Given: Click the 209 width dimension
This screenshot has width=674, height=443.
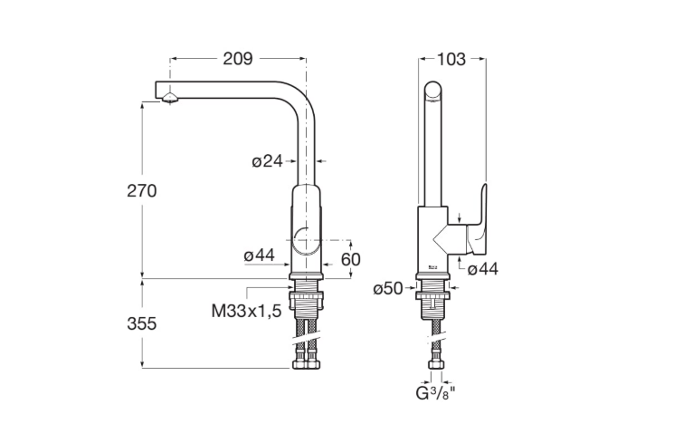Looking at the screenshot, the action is pos(238,59).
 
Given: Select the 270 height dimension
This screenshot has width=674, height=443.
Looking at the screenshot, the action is pos(142,190).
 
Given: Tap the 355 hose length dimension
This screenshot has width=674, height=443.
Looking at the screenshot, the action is pos(142,323).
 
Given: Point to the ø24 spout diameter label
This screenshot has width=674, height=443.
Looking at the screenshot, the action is pos(268,161).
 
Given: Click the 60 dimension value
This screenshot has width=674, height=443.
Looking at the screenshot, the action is pos(351,259).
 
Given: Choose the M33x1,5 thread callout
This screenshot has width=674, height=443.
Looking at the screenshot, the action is pos(246,310).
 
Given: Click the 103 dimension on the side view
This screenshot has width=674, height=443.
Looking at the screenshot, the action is pos(451,60).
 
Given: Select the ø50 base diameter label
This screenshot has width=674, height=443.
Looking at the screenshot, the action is pos(388,288).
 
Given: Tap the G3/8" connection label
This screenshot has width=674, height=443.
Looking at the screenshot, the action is pos(435,393).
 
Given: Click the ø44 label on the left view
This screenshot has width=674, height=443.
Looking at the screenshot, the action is pos(260,255).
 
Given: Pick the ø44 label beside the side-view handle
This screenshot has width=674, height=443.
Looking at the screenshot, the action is pos(483,269).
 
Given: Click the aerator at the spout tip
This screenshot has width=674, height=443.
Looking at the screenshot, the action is pos(170,98).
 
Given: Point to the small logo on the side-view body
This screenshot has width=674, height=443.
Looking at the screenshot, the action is pos(432,268).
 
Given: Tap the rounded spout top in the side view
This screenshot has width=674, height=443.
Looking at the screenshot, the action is pos(432,92).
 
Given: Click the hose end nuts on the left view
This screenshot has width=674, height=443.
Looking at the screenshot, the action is pos(306,364).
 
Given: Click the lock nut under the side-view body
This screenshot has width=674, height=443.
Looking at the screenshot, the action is pos(432,295).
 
